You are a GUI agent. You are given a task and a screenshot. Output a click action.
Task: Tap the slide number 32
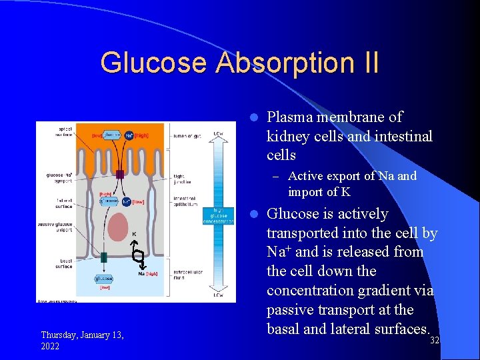[434, 341]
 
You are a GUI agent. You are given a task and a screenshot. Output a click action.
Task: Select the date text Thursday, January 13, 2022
[81, 340]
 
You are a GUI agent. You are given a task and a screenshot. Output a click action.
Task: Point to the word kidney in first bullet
[287, 136]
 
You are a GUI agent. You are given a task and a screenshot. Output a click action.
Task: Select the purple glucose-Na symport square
[119, 175]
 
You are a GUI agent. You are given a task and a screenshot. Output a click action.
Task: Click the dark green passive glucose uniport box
[104, 257]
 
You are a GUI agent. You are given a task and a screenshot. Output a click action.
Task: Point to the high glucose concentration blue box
[219, 213]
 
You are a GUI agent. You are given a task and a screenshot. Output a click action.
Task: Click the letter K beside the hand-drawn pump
[133, 234]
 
